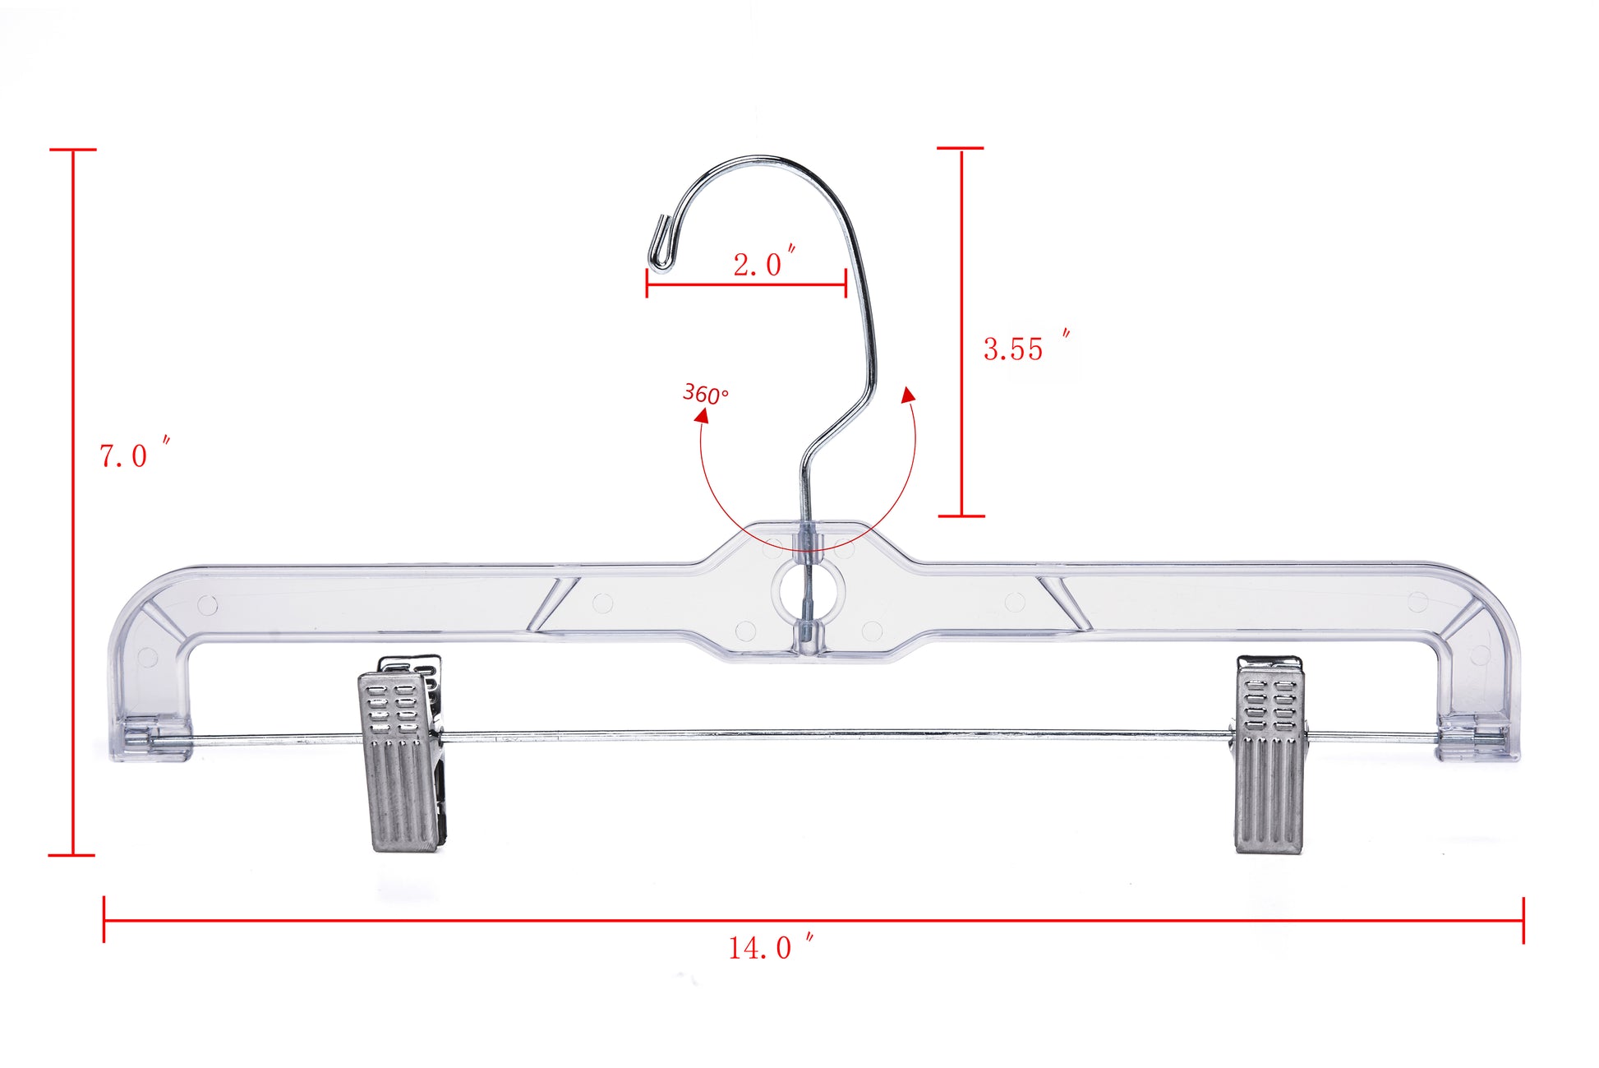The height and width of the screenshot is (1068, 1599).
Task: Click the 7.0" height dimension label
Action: click(x=131, y=455)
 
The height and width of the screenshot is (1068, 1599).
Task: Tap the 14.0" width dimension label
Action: click(x=769, y=947)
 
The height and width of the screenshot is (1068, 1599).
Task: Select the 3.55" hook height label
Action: click(x=1023, y=348)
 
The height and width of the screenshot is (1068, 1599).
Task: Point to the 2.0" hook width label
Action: click(x=763, y=263)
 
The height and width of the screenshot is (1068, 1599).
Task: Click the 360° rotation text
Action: click(x=705, y=394)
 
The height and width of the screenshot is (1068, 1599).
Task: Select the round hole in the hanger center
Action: click(x=808, y=589)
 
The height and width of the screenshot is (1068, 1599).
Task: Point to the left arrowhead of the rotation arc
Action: click(x=702, y=415)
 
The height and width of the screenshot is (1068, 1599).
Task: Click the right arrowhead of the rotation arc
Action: click(x=908, y=395)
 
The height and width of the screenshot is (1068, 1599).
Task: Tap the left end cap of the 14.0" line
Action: click(x=104, y=919)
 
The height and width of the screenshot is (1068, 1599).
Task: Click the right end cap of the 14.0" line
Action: click(x=1523, y=920)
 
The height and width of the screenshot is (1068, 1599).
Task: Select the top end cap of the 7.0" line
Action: click(x=73, y=150)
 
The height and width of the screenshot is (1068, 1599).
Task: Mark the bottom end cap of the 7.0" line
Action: click(x=72, y=855)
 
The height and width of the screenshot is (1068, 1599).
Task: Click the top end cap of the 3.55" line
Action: click(x=961, y=149)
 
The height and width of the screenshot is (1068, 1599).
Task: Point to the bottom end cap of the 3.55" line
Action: click(x=961, y=516)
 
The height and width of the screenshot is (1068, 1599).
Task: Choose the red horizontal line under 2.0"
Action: click(x=746, y=285)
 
